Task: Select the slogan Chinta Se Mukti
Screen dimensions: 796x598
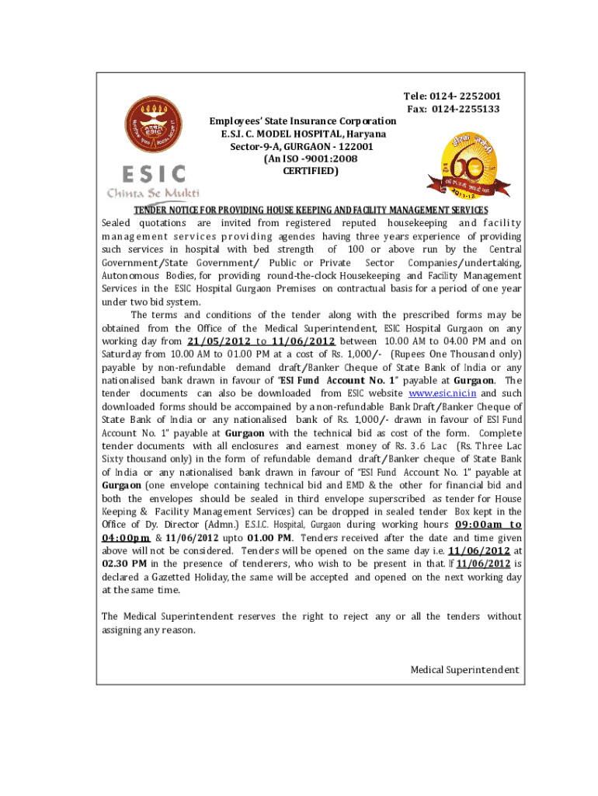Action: [153, 193]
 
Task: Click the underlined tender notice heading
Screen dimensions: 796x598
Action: [311, 210]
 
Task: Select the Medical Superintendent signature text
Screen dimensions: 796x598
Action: [464, 670]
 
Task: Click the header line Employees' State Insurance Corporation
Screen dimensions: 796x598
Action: [303, 121]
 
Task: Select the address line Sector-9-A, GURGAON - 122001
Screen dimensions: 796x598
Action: [296, 146]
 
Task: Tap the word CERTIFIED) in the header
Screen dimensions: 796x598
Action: [310, 171]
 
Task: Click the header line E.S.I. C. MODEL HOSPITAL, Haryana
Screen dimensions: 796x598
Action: [303, 134]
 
